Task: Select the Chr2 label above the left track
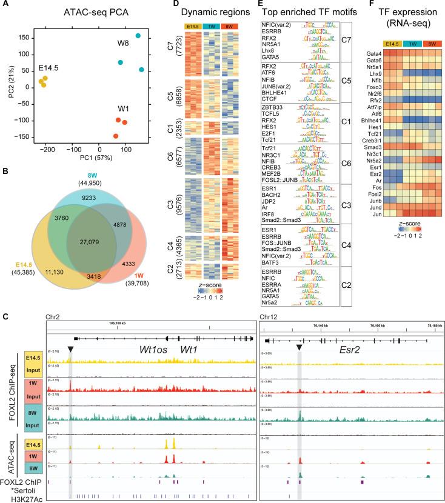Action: [x=55, y=316]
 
